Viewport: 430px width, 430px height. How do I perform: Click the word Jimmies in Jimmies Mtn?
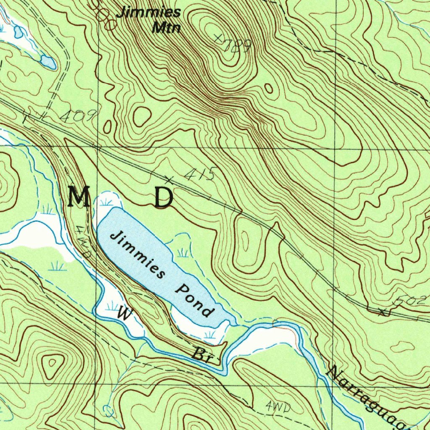pyautogui.click(x=149, y=12)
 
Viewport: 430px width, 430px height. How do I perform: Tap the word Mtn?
pyautogui.click(x=167, y=28)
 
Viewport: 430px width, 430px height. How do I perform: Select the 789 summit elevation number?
pyautogui.click(x=238, y=46)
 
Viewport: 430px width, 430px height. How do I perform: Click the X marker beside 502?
pyautogui.click(x=382, y=312)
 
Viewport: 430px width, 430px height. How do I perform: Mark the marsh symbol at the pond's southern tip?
pyautogui.click(x=209, y=335)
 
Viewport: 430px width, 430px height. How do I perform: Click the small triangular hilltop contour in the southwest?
pyautogui.click(x=52, y=362)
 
